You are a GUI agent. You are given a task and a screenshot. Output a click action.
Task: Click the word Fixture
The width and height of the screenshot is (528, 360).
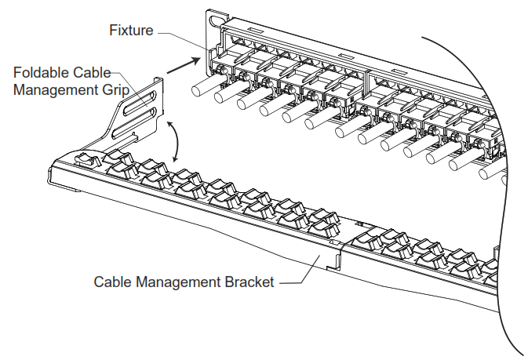132,31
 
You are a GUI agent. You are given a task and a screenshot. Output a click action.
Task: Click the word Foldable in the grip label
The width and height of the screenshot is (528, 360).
39,72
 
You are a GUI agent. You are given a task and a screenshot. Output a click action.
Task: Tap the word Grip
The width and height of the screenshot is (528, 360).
115,89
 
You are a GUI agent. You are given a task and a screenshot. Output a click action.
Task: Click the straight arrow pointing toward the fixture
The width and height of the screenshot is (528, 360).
183,64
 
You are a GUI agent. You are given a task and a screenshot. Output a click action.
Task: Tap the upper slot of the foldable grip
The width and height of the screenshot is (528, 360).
144,100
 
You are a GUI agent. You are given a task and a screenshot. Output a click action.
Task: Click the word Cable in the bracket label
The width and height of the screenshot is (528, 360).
111,282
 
